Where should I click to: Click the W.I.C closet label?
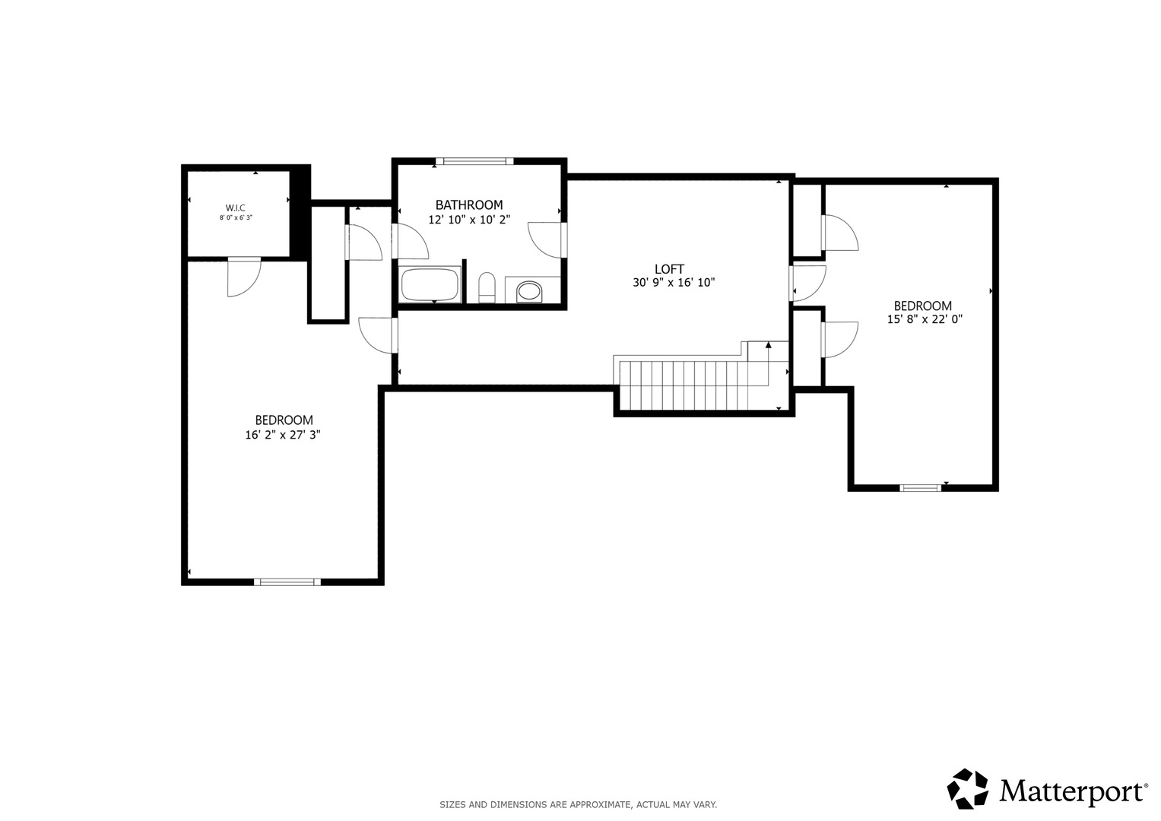click(x=235, y=208)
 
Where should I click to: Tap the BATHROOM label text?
click(x=469, y=204)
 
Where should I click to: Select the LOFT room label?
click(x=669, y=269)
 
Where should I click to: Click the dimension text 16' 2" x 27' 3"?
click(x=283, y=434)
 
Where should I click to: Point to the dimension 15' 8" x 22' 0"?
click(x=925, y=319)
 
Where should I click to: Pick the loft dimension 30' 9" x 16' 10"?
click(x=674, y=283)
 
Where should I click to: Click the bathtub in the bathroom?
click(x=430, y=284)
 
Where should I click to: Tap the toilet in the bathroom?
click(x=487, y=287)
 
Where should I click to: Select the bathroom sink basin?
click(x=528, y=291)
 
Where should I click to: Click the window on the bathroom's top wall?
click(x=474, y=161)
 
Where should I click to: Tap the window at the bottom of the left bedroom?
click(x=287, y=582)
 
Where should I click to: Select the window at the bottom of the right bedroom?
click(x=920, y=488)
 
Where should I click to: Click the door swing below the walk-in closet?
click(x=243, y=277)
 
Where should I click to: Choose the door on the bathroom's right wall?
click(x=547, y=239)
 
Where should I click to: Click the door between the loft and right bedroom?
click(x=807, y=283)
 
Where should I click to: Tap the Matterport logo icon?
click(x=968, y=788)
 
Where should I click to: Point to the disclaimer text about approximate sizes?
click(x=579, y=805)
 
